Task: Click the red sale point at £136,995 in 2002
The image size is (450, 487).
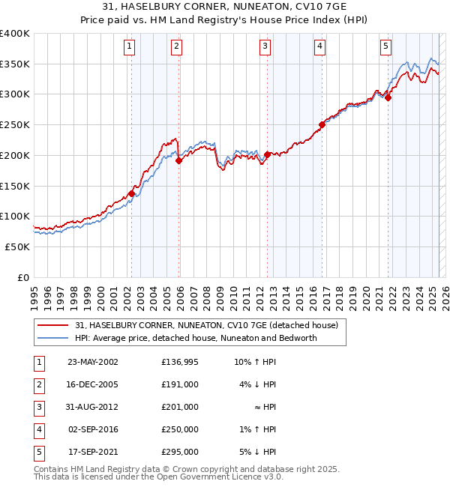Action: [x=131, y=193]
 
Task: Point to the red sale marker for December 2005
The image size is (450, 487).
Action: [x=179, y=160]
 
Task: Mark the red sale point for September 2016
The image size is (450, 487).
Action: [x=322, y=124]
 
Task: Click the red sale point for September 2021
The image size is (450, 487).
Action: [x=388, y=97]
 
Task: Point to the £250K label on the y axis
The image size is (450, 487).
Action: [x=15, y=125]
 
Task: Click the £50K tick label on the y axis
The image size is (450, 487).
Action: [x=18, y=246]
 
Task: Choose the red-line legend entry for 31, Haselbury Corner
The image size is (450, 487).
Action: [x=206, y=326]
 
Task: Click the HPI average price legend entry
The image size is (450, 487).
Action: [x=196, y=338]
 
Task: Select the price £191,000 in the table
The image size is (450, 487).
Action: [x=180, y=384]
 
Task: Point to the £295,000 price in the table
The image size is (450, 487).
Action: [x=180, y=452]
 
